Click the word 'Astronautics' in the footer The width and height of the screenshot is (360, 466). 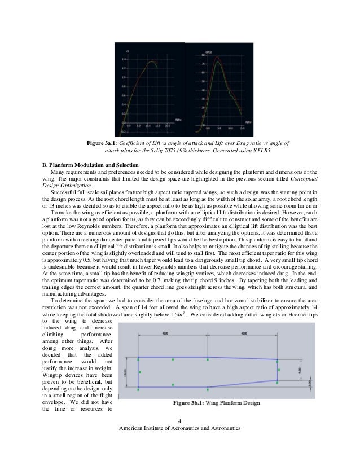(x=222, y=429)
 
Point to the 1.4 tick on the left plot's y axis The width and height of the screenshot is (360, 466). (x=124, y=59)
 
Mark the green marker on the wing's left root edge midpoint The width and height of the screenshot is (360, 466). (x=138, y=372)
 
